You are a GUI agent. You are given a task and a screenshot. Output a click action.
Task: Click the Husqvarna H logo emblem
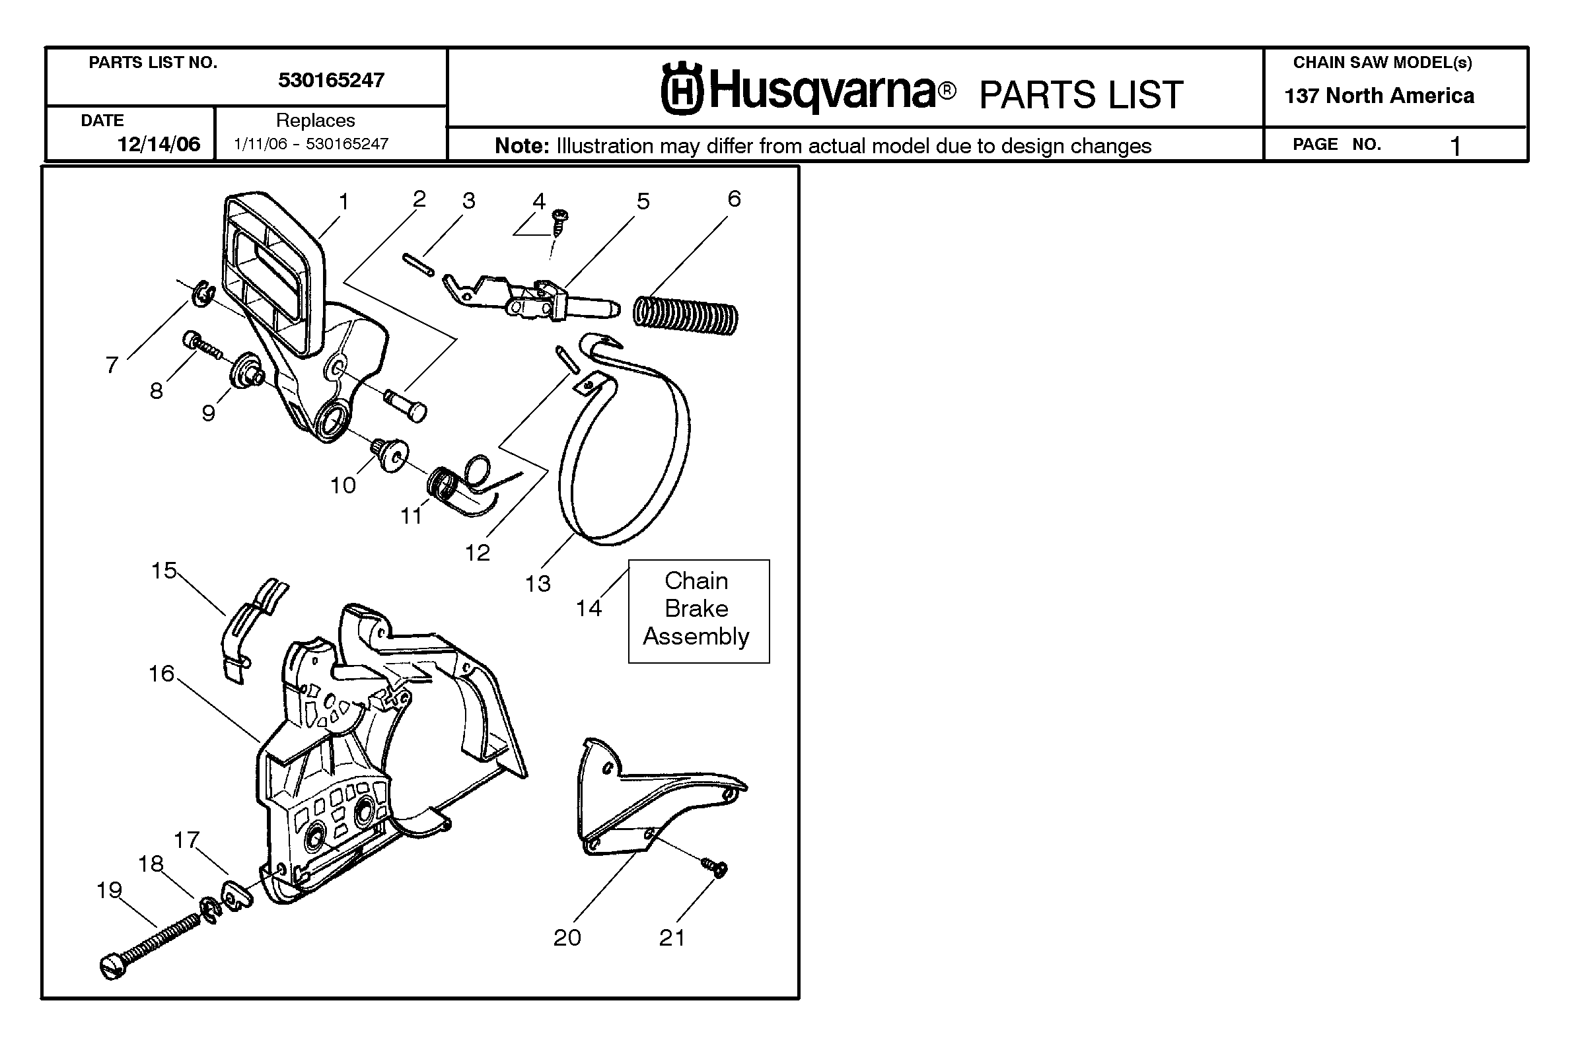click(682, 89)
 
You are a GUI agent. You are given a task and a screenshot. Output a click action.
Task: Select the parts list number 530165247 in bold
click(331, 80)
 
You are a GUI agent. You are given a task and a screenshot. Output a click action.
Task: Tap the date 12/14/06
click(159, 144)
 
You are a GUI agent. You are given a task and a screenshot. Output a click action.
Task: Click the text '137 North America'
click(1379, 96)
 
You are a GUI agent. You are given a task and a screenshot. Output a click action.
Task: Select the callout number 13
click(538, 584)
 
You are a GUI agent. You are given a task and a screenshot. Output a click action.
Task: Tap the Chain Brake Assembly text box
click(698, 611)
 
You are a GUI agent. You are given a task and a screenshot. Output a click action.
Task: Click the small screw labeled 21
click(714, 867)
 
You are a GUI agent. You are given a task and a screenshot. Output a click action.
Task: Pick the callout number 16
click(161, 673)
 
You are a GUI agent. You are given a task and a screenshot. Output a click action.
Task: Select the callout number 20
click(567, 937)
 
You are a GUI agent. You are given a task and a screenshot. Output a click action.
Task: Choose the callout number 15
click(164, 570)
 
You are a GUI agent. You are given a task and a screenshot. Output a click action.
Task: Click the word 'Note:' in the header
click(522, 146)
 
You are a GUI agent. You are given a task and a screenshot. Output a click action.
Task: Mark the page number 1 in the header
click(1455, 146)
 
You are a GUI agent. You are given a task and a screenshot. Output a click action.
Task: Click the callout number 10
click(343, 485)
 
